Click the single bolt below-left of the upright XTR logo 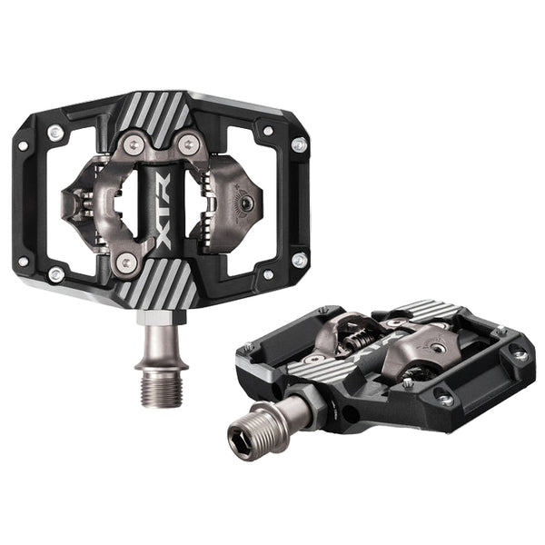(127, 262)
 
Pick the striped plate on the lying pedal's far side (427, 310)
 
